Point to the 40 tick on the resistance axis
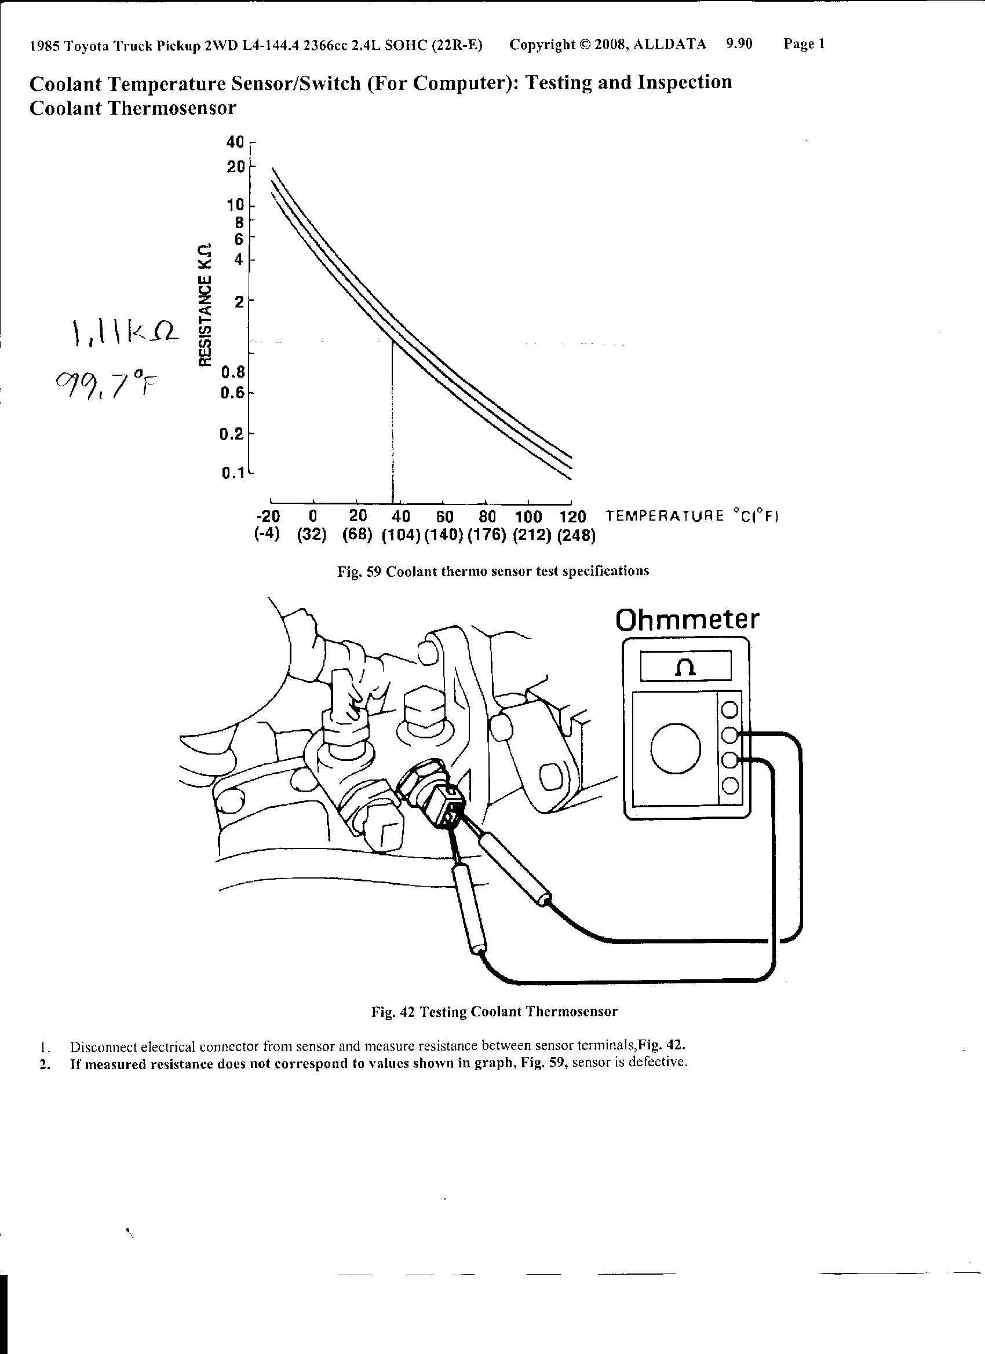point(235,142)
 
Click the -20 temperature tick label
point(268,516)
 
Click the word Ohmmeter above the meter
point(687,620)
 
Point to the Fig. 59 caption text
point(493,572)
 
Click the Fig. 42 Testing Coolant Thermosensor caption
point(494,1012)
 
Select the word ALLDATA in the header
point(670,44)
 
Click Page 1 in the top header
point(804,43)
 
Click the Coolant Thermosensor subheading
point(133,108)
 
